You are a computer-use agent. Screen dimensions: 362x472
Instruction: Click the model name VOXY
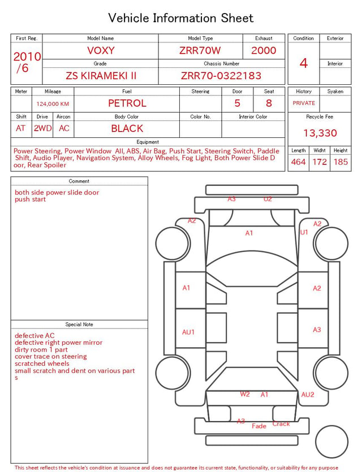tap(101, 50)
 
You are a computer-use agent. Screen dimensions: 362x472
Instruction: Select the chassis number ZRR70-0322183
tap(221, 76)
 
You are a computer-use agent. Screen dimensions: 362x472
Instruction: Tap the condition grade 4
tap(304, 63)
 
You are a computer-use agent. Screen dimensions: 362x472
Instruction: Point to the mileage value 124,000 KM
tap(53, 104)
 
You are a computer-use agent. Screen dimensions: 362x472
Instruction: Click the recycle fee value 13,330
tap(320, 133)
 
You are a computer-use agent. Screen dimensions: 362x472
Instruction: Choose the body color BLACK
tap(127, 128)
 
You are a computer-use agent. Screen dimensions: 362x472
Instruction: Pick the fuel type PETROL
tap(127, 103)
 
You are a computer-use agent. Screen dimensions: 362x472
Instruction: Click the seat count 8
tap(269, 103)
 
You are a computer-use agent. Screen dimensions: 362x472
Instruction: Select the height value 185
tap(341, 162)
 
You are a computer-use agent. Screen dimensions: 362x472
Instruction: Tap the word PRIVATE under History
tap(304, 103)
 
